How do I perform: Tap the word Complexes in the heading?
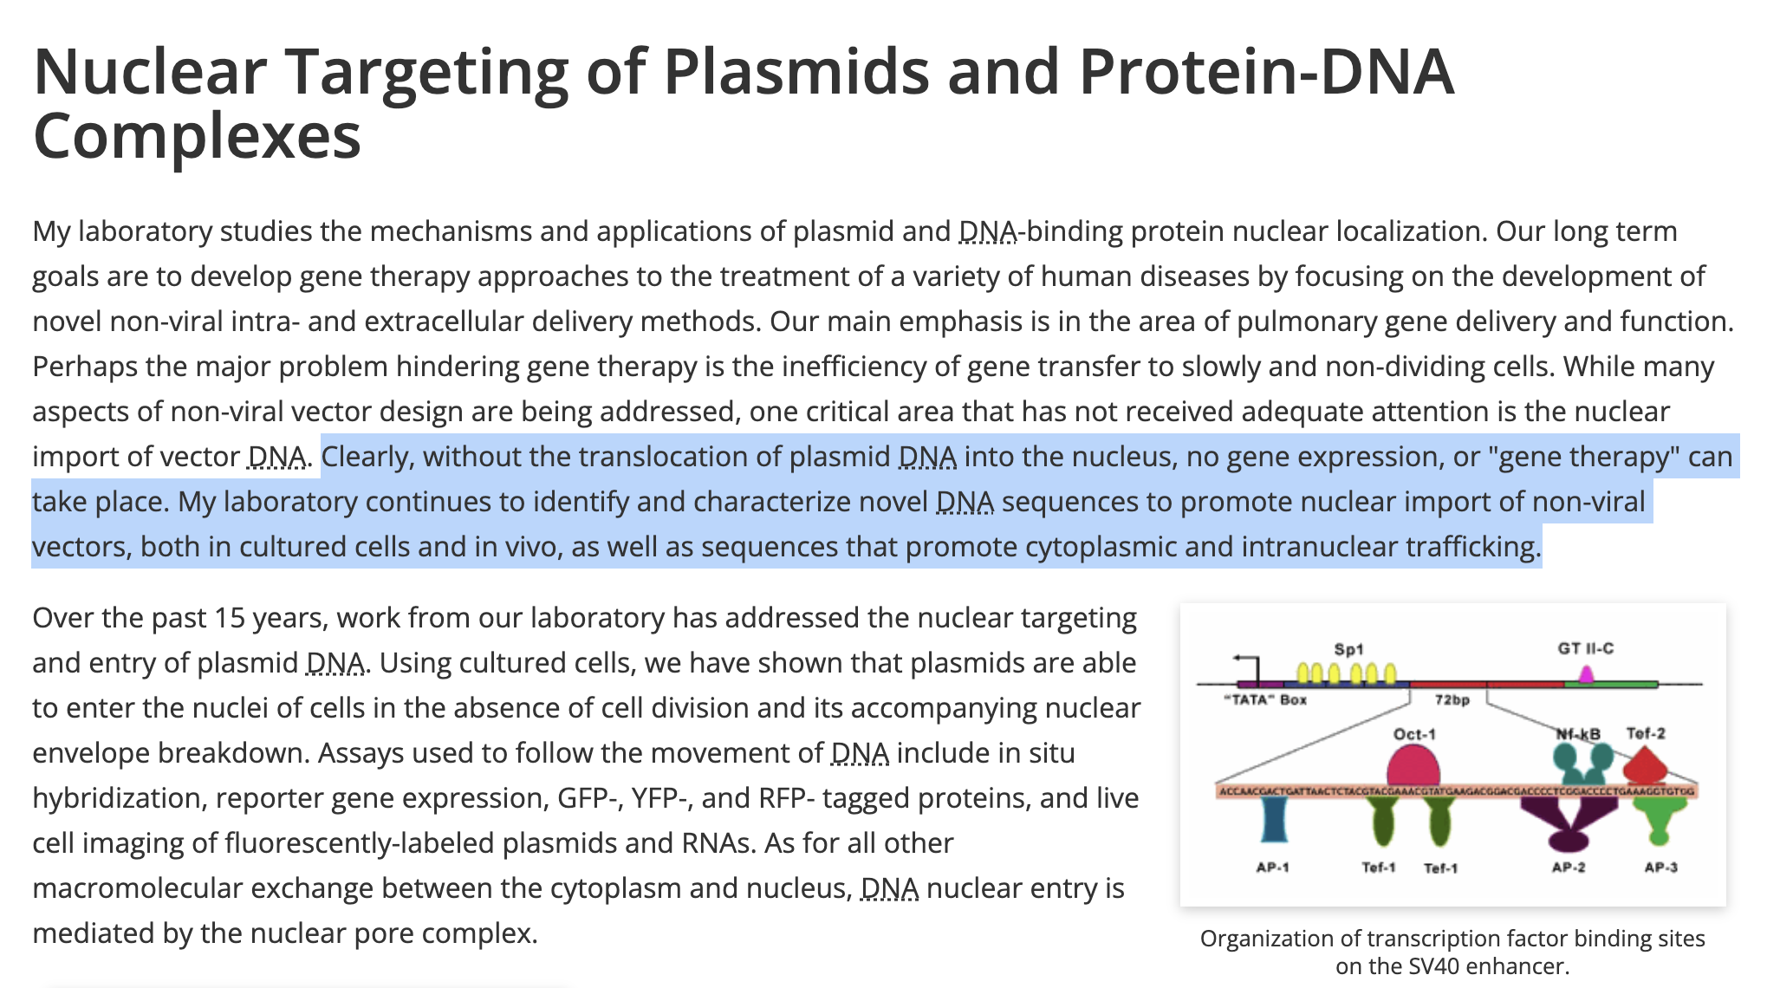197,136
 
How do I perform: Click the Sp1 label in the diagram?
1348,649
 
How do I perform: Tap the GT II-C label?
1585,648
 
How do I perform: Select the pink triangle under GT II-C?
1586,674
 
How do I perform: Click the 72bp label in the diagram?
1452,699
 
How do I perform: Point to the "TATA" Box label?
1265,699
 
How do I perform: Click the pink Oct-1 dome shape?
1413,767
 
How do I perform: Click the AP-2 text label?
1568,867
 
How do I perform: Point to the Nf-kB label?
1577,734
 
